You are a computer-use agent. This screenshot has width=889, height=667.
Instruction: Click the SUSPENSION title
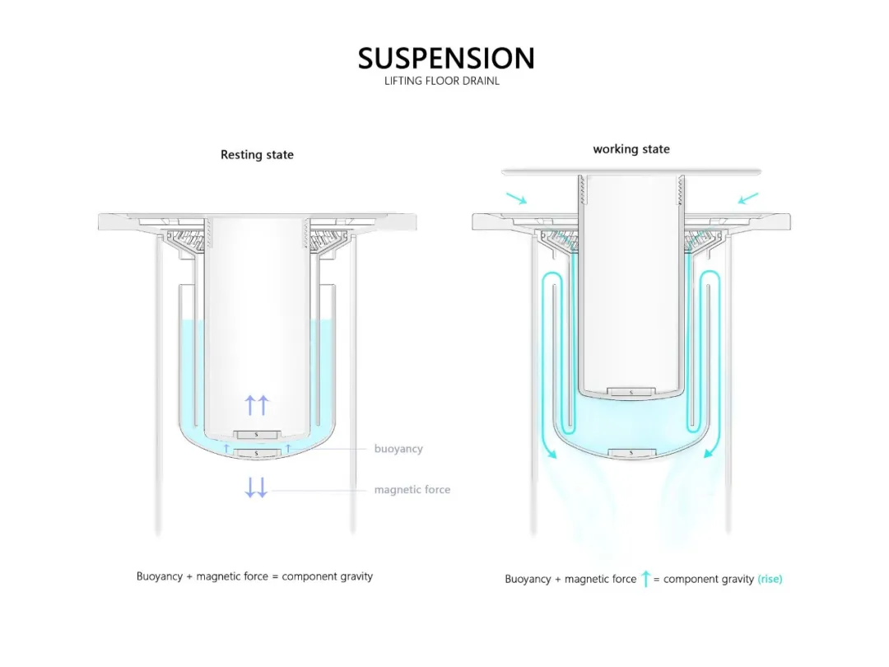pos(446,58)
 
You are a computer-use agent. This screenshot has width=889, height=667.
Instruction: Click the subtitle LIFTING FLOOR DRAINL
pos(442,81)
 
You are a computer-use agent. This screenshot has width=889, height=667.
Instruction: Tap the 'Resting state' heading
pos(257,155)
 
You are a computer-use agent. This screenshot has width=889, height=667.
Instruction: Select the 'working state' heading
pos(631,149)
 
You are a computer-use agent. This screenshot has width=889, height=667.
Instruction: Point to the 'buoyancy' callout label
pos(398,449)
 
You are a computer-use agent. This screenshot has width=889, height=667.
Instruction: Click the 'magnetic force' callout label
pos(412,490)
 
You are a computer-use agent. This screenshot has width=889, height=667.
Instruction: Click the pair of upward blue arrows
pos(257,404)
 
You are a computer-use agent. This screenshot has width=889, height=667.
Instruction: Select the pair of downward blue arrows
pos(256,487)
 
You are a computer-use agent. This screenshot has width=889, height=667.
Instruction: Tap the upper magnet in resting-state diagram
pos(258,434)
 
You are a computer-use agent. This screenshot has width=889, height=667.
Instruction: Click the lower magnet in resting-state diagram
pos(258,453)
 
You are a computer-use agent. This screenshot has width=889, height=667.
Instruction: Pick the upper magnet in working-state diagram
pos(631,391)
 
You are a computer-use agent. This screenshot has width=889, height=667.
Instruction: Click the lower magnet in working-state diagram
pos(631,452)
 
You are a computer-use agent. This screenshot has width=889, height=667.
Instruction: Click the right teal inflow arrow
pos(747,198)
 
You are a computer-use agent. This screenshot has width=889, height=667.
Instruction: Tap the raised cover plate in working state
pos(631,171)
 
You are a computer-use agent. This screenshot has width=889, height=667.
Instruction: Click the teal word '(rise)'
pos(770,579)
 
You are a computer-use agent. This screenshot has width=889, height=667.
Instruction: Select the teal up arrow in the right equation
pos(645,579)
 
